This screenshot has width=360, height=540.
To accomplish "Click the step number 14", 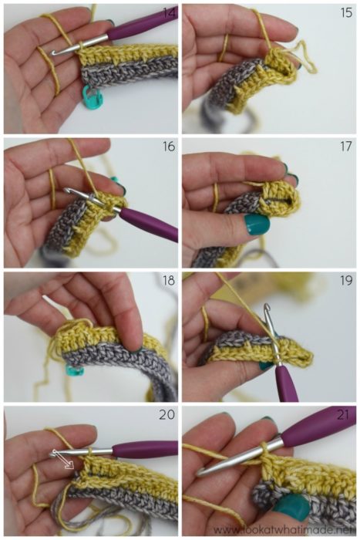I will (x=167, y=12).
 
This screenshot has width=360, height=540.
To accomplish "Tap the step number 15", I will (x=346, y=12).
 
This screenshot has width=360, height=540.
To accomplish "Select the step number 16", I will (x=167, y=147).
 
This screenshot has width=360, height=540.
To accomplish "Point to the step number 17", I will (x=346, y=147).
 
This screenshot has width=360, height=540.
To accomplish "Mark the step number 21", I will (x=346, y=415).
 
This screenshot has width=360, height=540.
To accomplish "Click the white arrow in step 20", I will (x=63, y=460).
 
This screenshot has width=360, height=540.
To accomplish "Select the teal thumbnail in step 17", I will (x=257, y=224).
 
